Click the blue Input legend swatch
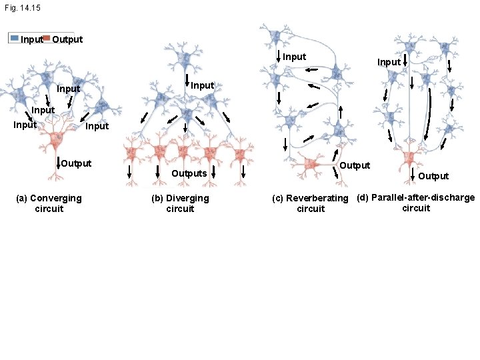[14, 38]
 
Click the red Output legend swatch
[46, 38]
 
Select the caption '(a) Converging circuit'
[49, 203]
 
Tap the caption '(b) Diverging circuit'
[180, 203]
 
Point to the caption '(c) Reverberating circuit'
[310, 203]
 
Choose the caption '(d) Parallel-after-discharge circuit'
[416, 203]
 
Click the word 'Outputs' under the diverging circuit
[189, 173]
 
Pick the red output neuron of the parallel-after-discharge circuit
[409, 159]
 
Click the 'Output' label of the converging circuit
[76, 163]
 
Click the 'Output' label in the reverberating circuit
[355, 165]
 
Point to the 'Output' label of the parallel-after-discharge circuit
[433, 176]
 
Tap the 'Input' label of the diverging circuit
[202, 85]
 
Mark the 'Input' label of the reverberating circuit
[294, 57]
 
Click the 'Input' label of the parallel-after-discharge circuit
[389, 62]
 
